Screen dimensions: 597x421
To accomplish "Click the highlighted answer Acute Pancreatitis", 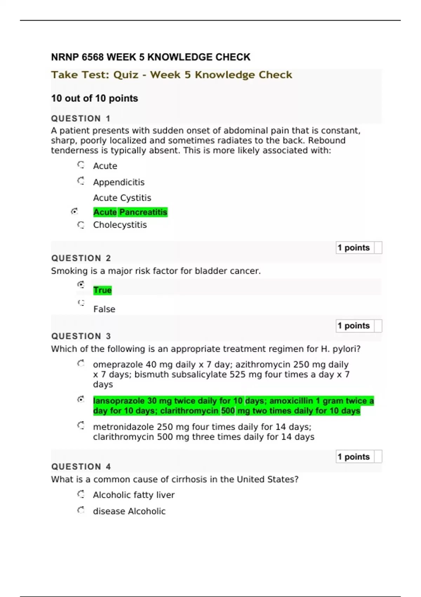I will [x=130, y=212].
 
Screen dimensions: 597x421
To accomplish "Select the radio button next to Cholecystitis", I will [x=81, y=225].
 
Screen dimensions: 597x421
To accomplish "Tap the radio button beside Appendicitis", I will [x=81, y=181].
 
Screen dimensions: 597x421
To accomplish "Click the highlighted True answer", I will [x=102, y=290].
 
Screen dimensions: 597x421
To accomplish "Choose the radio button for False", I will [x=81, y=303].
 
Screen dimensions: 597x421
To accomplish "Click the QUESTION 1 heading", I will [x=81, y=119].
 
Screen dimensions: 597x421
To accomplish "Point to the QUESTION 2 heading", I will [x=81, y=258].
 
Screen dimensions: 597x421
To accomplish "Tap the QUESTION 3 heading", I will [x=81, y=336].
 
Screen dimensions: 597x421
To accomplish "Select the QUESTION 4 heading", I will [x=81, y=467].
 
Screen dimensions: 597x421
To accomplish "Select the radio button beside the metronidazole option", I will [x=81, y=426].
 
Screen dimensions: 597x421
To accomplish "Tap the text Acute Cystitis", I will [x=122, y=198].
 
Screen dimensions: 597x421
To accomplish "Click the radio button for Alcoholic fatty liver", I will [x=81, y=494].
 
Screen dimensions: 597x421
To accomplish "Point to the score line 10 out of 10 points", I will [x=94, y=98].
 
